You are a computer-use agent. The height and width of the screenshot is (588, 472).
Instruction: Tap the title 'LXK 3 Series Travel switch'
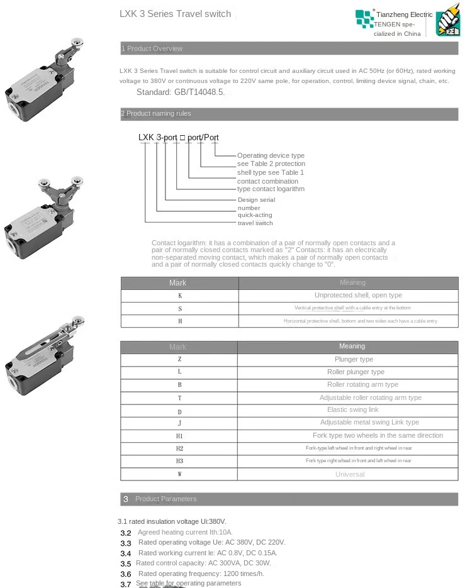[175, 14]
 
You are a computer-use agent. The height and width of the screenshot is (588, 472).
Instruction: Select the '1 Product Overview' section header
[152, 48]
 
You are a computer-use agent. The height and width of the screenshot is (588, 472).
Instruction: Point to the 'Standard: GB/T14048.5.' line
[180, 92]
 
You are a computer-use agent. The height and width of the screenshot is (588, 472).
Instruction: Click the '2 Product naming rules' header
[156, 114]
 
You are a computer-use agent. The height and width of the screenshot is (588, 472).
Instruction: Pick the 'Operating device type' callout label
[271, 155]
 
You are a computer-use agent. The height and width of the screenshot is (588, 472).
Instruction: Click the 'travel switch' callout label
[255, 223]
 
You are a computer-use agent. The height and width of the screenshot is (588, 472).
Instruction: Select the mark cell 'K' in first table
[180, 296]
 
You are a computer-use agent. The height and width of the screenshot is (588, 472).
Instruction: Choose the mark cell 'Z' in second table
[179, 360]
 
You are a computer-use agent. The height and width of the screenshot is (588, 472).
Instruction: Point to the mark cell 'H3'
[179, 461]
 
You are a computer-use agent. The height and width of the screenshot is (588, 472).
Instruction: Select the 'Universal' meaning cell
[350, 474]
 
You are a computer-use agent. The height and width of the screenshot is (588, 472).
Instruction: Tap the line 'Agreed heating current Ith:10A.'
[185, 532]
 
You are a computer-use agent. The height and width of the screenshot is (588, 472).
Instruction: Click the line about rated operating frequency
[201, 574]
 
